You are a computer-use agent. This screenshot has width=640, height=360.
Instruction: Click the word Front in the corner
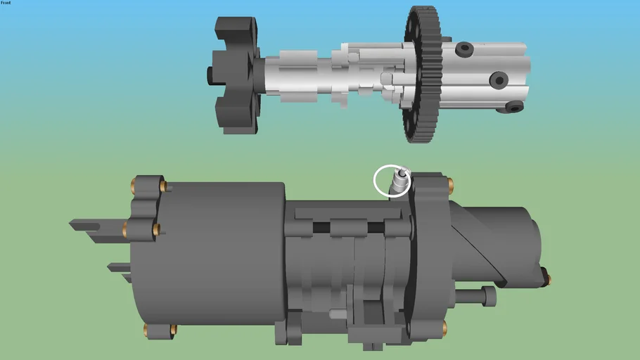pos(6,3)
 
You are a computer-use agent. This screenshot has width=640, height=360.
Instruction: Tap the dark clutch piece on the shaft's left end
pos(236,74)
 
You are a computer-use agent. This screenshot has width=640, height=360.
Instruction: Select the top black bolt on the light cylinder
pos(463,49)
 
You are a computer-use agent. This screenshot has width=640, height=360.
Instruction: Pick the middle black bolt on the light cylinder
pos(499,80)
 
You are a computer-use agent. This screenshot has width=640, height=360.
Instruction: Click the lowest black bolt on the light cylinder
pos(514,107)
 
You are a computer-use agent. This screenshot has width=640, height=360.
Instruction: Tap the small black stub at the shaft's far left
pos(210,73)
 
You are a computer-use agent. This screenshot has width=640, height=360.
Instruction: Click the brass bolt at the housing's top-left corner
pos(133,186)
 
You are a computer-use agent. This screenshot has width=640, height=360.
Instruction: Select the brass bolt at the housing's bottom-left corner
pos(146,329)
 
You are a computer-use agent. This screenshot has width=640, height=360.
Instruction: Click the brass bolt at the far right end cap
pos(547,280)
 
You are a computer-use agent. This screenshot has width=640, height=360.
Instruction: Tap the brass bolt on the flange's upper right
pos(449,186)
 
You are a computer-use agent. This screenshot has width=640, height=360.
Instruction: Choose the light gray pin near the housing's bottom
pos(337,314)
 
